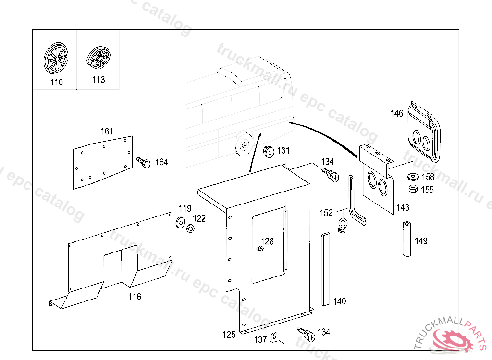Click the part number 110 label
coord(56,82)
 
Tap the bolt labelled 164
coord(144,162)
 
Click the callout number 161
coord(107,132)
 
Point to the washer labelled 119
coord(181,222)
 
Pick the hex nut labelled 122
coord(190,228)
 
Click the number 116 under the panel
coord(135,297)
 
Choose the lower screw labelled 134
coord(307,333)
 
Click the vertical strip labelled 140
coord(326,269)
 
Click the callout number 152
coord(326,213)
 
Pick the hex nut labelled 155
coord(412,189)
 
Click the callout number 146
coord(397,114)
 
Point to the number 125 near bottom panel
coord(229,335)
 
